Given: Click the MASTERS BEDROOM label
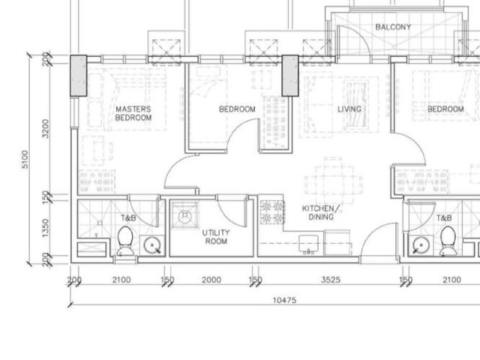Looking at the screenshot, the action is coord(133,113).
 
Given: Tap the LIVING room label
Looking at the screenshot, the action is coord(349,109).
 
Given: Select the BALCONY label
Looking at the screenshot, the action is coord(393,27).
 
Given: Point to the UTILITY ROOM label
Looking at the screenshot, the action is coord(216,237).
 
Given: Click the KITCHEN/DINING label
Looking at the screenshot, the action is coord(321,213).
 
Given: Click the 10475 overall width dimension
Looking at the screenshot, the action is coord(285,300).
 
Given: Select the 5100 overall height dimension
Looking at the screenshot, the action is coord(25,159).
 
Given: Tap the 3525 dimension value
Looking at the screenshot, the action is coord(331,280).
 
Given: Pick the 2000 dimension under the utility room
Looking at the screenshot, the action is coord(211,280).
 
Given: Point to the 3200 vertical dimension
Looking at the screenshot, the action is coord(45,128).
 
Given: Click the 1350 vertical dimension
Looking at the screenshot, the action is coord(45,228).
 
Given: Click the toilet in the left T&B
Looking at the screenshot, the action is coord(125,241).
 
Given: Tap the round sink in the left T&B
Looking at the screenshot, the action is coord(152,245).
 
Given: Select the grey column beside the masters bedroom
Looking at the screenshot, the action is coord(79,76).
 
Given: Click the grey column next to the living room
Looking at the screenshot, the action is coord(290,76).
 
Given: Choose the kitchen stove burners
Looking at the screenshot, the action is coord(272,211).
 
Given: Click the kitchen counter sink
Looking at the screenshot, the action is coord(308,244).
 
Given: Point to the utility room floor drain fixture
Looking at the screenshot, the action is coord(185,215).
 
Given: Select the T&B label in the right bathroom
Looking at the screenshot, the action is coord(444,218).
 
